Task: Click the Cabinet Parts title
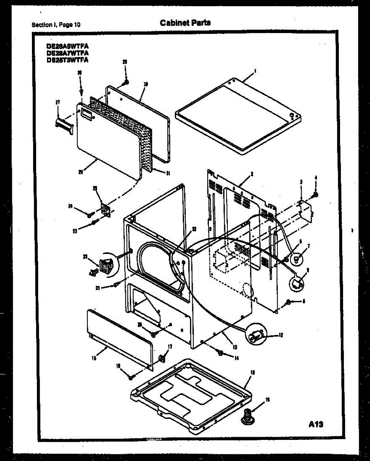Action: tap(185, 23)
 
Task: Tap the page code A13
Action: tap(316, 425)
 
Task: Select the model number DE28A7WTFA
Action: tap(67, 53)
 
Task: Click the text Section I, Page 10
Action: tap(56, 25)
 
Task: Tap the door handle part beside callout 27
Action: tap(64, 125)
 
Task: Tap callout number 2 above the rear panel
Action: tap(251, 174)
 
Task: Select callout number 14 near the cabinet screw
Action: tap(236, 358)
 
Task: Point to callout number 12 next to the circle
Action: tap(281, 335)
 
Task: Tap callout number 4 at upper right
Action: tap(315, 177)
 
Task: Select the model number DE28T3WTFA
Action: tap(67, 60)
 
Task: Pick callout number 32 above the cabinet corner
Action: tap(194, 229)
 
